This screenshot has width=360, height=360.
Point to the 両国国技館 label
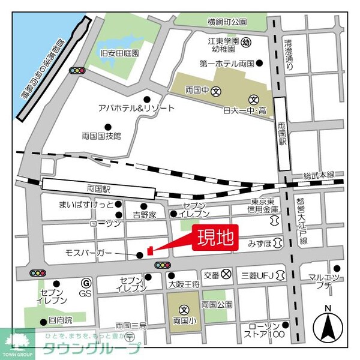tap(101, 136)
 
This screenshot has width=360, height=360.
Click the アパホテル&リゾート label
tap(137, 108)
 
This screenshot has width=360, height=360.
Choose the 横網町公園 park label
tap(227, 22)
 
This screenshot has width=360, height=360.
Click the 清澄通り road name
tap(289, 55)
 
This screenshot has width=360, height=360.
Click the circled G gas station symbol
tap(86, 282)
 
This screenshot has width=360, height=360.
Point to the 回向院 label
tap(60, 320)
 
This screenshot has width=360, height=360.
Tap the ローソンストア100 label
tap(260, 329)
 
